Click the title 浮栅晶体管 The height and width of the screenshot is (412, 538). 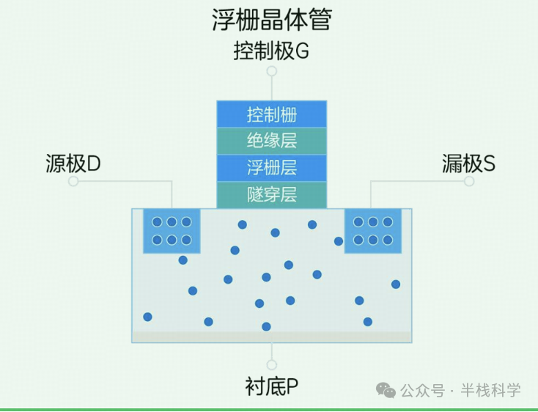click(271, 20)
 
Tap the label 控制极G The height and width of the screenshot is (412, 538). click(271, 51)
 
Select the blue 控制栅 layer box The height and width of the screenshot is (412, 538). click(271, 115)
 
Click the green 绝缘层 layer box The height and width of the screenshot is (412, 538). click(271, 141)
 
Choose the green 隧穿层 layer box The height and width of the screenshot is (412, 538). click(271, 194)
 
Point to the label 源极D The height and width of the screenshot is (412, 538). click(73, 163)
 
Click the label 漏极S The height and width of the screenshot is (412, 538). click(468, 163)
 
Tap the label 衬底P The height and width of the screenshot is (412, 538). click(271, 386)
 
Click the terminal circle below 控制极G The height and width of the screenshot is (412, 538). click(271, 71)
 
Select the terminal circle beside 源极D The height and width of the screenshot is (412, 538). click(73, 181)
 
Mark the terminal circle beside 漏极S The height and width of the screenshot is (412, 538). click(469, 181)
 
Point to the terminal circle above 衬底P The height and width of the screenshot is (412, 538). click(271, 364)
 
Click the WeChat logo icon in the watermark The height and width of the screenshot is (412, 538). click(386, 390)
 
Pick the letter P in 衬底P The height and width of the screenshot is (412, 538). click(292, 386)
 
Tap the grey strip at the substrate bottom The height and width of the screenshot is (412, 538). click(271, 337)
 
